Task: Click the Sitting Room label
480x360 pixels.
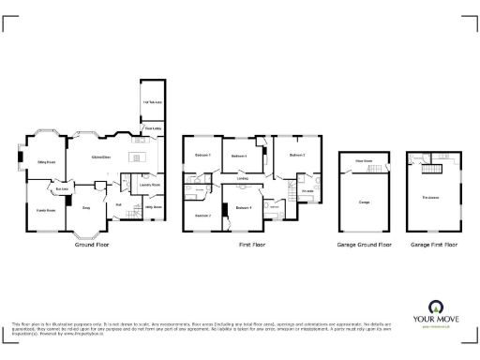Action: (x=46, y=161)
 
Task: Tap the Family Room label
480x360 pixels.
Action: (x=45, y=210)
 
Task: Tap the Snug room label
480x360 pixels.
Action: (x=86, y=207)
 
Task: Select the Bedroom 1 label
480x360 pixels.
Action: (x=203, y=154)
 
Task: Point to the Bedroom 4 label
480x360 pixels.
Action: (x=245, y=207)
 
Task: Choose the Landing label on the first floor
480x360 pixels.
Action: (x=243, y=178)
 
